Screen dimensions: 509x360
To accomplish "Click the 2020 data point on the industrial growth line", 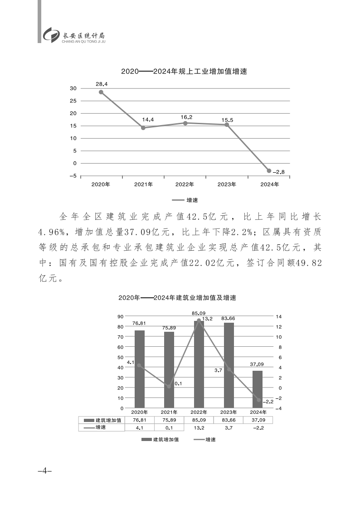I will (x=101, y=92).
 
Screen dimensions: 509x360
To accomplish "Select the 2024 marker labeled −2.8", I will (x=269, y=171).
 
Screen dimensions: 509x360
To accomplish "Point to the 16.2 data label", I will (x=186, y=117).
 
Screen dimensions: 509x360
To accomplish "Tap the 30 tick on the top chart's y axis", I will (x=73, y=88).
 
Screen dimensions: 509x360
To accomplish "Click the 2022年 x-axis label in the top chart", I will (x=185, y=184).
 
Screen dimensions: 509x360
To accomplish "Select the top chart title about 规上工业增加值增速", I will (x=184, y=72).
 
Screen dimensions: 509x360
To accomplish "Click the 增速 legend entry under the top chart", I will (x=186, y=199).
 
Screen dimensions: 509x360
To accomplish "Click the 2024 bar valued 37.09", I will (x=258, y=389).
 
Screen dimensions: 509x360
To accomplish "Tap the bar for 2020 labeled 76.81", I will (x=140, y=369).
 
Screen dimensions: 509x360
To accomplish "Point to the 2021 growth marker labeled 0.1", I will (x=169, y=387).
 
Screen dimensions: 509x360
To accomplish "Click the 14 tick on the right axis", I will (x=278, y=317).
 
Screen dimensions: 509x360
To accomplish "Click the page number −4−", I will (x=45, y=471).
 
